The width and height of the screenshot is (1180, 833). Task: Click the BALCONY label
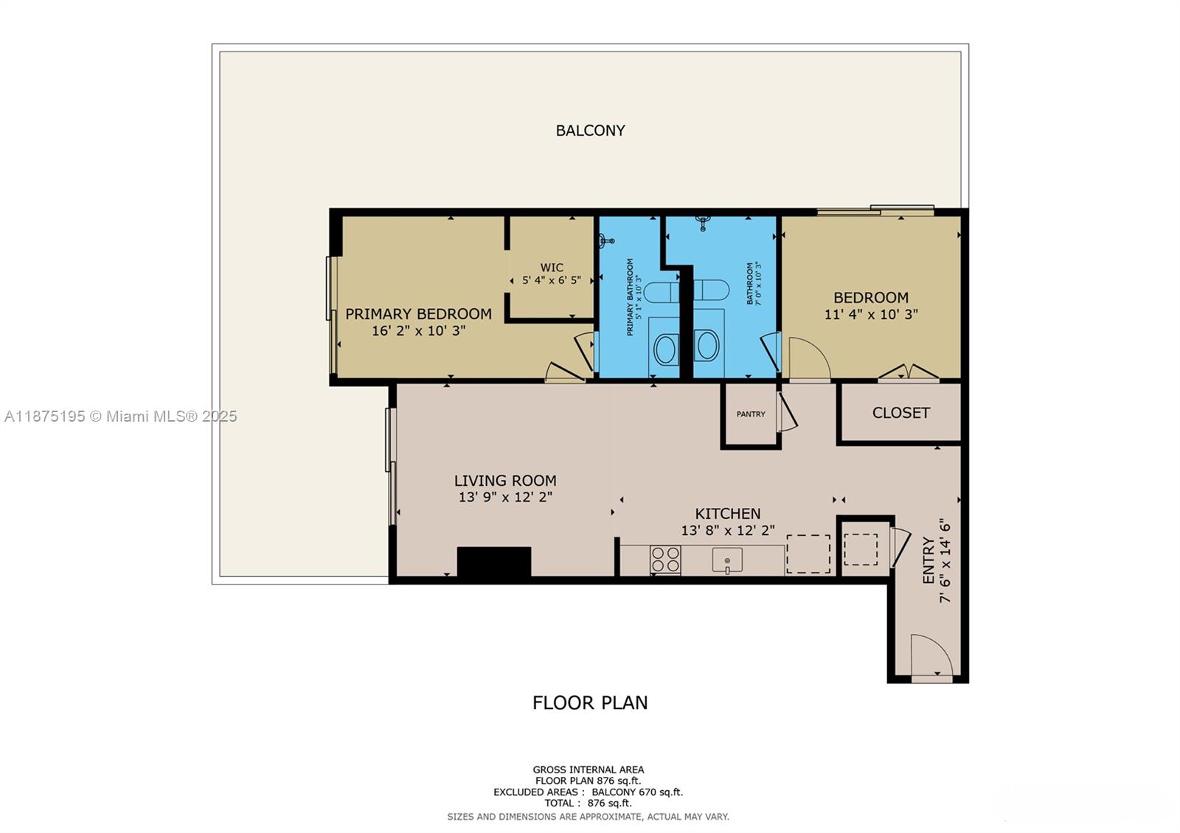tap(590, 130)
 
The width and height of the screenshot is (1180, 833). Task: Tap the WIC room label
tap(552, 268)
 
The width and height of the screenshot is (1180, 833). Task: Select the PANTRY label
tap(751, 414)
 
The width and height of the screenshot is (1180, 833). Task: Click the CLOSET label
tap(900, 413)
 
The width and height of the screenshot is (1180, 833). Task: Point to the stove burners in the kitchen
tap(665, 560)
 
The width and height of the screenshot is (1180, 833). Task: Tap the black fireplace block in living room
tap(494, 562)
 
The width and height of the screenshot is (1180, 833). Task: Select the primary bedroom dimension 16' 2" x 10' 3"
tap(418, 331)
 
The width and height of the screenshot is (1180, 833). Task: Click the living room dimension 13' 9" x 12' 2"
tap(505, 498)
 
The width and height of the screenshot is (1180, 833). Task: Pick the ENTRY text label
tap(929, 560)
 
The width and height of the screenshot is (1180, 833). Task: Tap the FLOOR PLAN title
tap(590, 703)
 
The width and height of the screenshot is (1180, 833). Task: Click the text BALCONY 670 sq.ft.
tap(637, 792)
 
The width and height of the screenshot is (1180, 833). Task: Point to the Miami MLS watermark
tap(121, 416)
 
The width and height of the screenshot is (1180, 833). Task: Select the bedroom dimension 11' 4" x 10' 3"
tap(870, 314)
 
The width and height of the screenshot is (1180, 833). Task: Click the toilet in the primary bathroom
tap(664, 291)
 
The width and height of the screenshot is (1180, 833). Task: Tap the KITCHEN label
tap(727, 514)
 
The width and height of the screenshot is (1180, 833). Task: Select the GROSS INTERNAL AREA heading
tap(589, 770)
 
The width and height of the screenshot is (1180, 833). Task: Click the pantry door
tap(786, 413)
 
